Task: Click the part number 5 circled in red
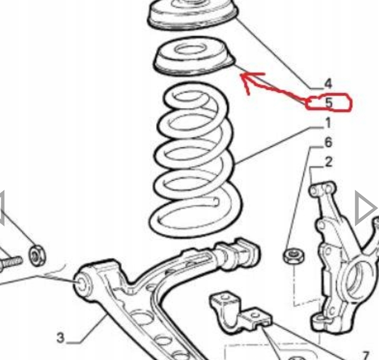click(329, 103)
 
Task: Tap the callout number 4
click(328, 84)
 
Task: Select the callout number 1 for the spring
click(328, 123)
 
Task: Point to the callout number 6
click(328, 142)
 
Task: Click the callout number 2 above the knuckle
click(329, 162)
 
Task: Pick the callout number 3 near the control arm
click(61, 338)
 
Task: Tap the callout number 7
click(365, 355)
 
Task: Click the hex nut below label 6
click(294, 256)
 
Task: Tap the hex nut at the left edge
click(37, 255)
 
